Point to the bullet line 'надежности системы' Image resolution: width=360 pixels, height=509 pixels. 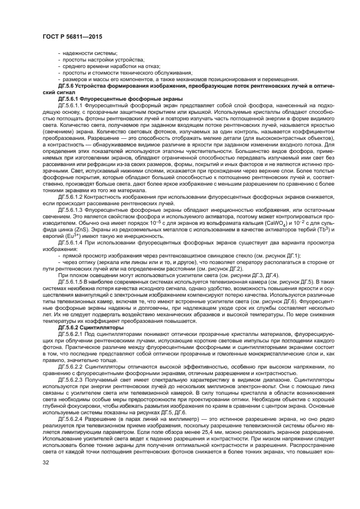[x=85, y=52]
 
